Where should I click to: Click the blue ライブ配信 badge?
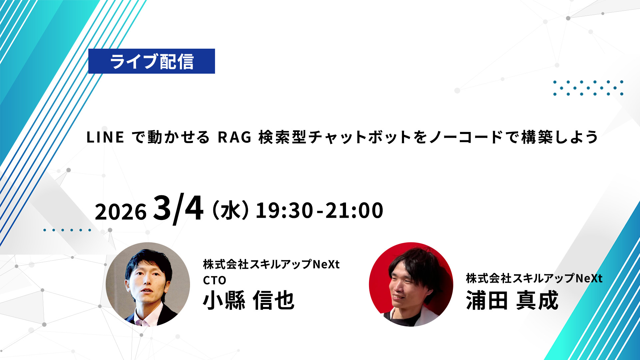click(x=152, y=61)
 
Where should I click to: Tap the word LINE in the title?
click(x=105, y=137)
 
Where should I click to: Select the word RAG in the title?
click(x=235, y=137)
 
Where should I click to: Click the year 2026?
click(x=121, y=211)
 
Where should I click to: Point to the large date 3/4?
click(x=178, y=209)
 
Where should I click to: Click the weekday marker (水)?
click(x=230, y=210)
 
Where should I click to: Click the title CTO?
click(x=215, y=280)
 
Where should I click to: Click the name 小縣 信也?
click(x=249, y=300)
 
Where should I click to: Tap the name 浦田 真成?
click(x=512, y=300)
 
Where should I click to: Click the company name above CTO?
click(x=271, y=264)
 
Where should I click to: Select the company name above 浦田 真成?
click(x=534, y=278)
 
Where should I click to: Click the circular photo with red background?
click(x=411, y=284)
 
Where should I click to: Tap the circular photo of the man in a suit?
click(x=148, y=284)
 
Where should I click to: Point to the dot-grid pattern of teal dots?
click(x=588, y=88)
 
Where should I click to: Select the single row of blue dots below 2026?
click(x=67, y=230)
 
